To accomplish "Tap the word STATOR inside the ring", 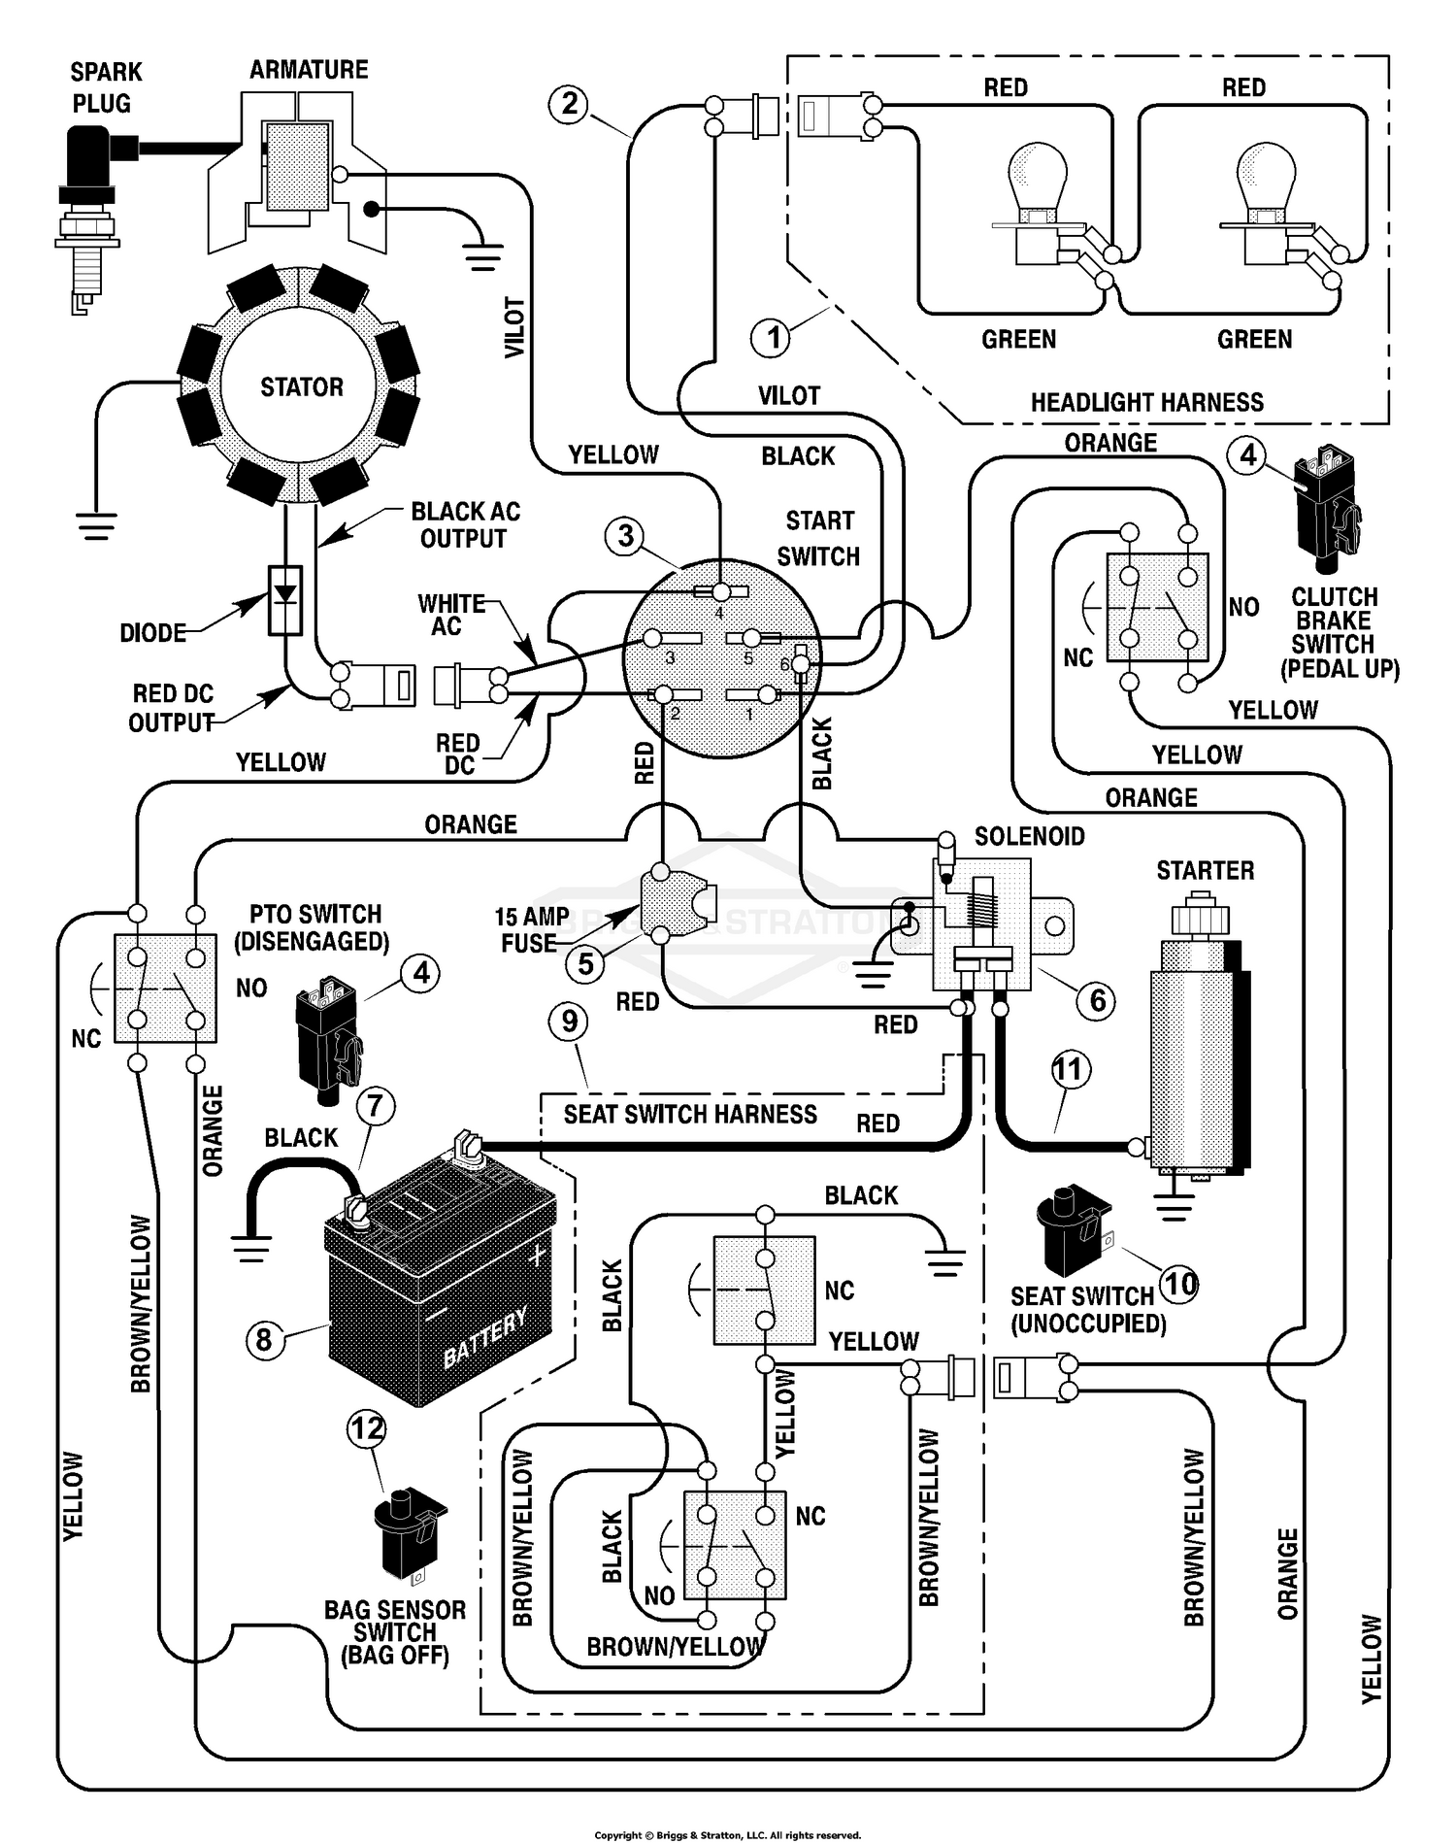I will (301, 387).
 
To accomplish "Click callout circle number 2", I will (569, 104).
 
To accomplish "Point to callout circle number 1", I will (773, 338).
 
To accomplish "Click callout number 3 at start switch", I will (625, 535).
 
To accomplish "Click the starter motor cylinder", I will (1196, 1049).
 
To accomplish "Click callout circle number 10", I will (1179, 1284).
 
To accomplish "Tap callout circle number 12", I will (367, 1428).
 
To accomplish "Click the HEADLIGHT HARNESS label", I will (1146, 403).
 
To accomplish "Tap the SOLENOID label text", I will (1029, 837).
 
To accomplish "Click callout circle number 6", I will (1098, 999).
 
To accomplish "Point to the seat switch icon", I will (1073, 1228).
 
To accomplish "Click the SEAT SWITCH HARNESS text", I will (690, 1115).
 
